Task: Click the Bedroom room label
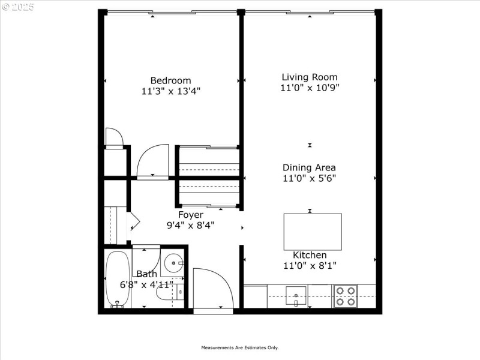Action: pos(170,80)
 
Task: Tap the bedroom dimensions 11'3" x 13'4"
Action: pos(170,91)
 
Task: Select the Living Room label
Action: pos(310,77)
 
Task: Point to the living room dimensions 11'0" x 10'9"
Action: pos(310,88)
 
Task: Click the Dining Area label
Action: pos(309,167)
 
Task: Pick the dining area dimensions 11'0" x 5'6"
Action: pos(309,178)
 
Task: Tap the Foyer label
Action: pos(190,214)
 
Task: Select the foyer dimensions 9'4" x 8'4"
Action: pos(190,225)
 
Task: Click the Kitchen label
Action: pos(310,255)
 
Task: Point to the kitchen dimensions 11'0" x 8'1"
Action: pos(310,265)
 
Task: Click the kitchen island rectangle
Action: pos(313,232)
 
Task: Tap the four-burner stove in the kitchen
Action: pos(345,296)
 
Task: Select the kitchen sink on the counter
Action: pos(296,295)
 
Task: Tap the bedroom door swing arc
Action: pos(153,161)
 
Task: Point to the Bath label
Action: pos(147,274)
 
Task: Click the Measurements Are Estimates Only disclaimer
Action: pos(239,347)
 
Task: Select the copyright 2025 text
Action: pos(18,7)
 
